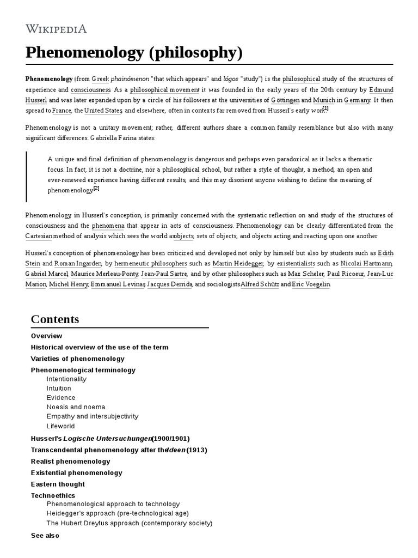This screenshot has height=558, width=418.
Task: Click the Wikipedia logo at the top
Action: (x=56, y=29)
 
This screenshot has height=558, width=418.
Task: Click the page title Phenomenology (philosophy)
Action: (x=133, y=53)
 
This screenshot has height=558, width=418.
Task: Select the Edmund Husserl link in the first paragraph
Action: (x=380, y=89)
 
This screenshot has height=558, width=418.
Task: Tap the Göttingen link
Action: (x=285, y=100)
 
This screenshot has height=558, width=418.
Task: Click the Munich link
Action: (x=324, y=100)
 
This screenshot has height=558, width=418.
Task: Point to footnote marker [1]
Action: (x=325, y=109)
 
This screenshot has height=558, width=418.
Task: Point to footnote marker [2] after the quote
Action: (x=96, y=189)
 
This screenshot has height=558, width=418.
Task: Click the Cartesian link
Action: (x=39, y=236)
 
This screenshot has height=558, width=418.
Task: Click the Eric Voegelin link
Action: (x=311, y=284)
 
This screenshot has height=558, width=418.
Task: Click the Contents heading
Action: (x=55, y=319)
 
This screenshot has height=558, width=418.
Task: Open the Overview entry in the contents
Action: (x=47, y=336)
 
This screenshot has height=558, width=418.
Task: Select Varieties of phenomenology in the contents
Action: (x=78, y=359)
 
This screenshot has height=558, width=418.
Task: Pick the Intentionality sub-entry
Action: (x=66, y=379)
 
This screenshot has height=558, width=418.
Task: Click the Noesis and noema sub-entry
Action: (x=76, y=407)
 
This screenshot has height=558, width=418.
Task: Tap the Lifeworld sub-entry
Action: (x=61, y=426)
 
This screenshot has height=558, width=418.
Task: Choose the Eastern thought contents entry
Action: (x=58, y=484)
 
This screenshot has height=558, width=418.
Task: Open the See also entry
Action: (x=45, y=535)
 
